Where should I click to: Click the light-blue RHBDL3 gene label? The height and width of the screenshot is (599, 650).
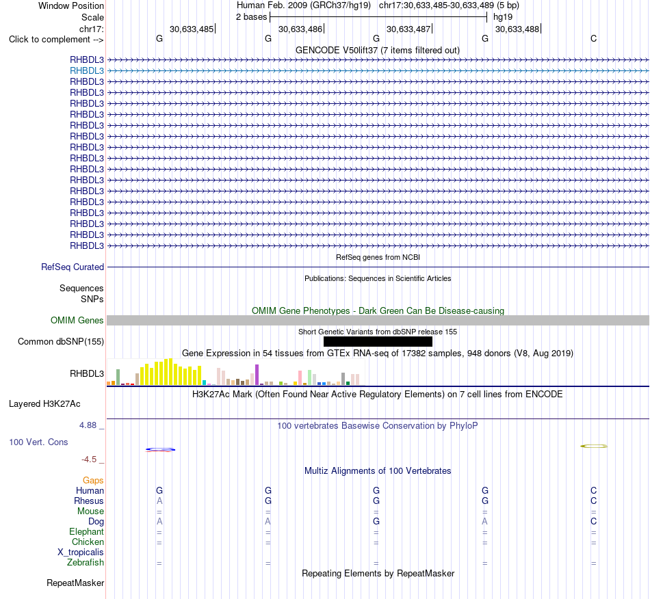tap(87, 71)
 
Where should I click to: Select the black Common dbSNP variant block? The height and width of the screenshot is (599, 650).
tap(378, 341)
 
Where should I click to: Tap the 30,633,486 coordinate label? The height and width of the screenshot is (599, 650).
tap(300, 29)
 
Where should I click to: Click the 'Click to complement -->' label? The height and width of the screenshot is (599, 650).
tap(56, 40)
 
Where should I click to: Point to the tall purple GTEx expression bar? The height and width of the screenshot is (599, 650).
tap(257, 375)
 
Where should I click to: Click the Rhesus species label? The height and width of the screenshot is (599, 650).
tap(89, 501)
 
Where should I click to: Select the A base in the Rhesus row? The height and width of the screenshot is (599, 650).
tap(159, 501)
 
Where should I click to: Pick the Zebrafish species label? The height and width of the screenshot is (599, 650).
tap(86, 563)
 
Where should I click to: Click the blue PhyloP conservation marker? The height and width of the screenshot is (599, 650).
tap(160, 449)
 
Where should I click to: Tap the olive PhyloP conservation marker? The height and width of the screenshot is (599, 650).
tap(594, 446)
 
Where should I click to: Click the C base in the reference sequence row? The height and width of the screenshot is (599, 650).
tap(594, 38)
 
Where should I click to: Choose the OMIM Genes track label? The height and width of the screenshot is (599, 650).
tap(77, 320)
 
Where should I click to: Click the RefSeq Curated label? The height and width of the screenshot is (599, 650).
tap(73, 267)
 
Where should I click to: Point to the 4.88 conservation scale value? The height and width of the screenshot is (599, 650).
tap(88, 425)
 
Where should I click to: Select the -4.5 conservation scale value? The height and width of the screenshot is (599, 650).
tap(89, 460)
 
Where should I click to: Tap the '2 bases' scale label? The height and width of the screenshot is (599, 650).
tap(252, 17)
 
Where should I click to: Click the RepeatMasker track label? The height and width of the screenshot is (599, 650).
tap(75, 583)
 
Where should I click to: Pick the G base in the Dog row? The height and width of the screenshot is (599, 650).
tap(376, 521)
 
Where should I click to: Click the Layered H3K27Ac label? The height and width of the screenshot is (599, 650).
tap(44, 404)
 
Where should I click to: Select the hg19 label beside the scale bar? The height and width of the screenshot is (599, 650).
tap(503, 17)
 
